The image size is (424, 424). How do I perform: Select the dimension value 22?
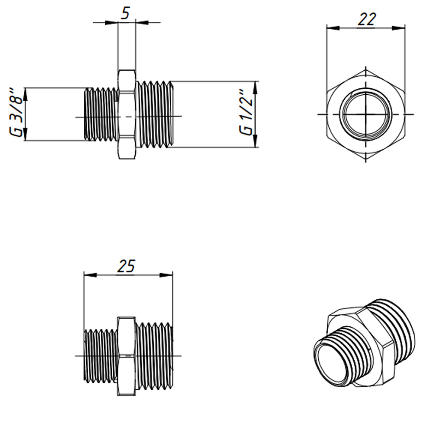click(366, 19)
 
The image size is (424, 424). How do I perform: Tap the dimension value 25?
click(126, 266)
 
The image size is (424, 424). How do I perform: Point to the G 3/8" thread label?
click(16, 112)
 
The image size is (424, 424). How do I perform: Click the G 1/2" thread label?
click(246, 112)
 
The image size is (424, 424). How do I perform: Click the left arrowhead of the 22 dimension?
click(333, 28)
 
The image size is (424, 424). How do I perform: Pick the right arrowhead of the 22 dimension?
click(399, 28)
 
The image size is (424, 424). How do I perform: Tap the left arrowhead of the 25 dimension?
click(90, 275)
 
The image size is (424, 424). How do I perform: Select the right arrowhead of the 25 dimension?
click(166, 275)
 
